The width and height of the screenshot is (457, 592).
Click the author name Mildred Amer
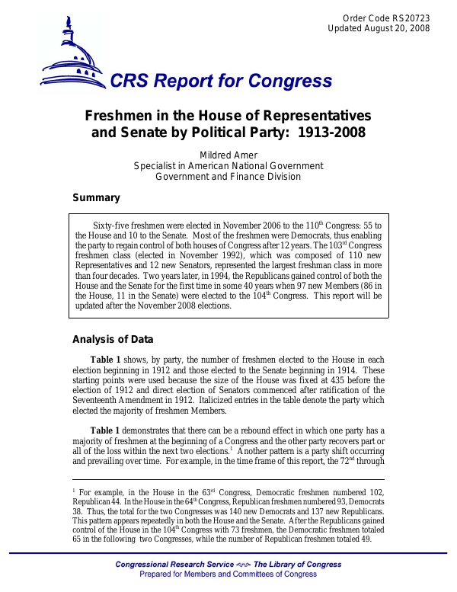click(x=228, y=155)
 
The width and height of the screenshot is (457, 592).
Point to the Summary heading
click(x=96, y=198)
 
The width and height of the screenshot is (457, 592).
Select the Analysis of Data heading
click(x=112, y=340)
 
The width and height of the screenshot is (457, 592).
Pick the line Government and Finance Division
click(x=228, y=177)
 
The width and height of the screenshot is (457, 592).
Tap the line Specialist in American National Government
click(x=228, y=166)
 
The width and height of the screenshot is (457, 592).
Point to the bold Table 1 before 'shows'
click(x=106, y=360)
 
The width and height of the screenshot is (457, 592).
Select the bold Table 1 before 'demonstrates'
click(x=106, y=431)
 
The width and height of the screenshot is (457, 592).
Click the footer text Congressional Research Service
click(x=171, y=565)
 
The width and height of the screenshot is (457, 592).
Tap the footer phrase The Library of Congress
click(x=297, y=565)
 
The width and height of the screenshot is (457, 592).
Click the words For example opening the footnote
click(x=101, y=494)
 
